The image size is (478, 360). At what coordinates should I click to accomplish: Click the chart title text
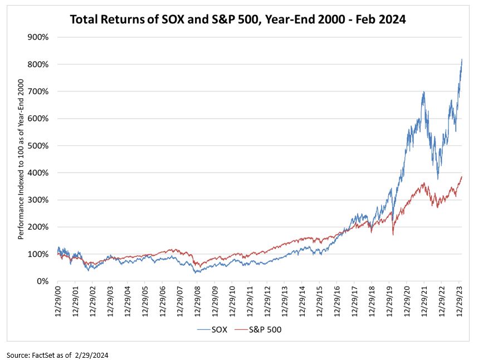pyautogui.click(x=238, y=20)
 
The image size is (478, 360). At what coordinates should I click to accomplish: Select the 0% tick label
pyautogui.click(x=42, y=281)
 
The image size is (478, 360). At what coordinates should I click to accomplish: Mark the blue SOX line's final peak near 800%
pyautogui.click(x=462, y=59)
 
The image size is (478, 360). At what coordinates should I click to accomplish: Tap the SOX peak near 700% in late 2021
pyautogui.click(x=424, y=92)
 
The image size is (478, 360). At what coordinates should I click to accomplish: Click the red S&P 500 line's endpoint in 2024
pyautogui.click(x=462, y=177)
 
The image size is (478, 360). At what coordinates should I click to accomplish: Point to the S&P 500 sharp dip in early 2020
pyautogui.click(x=393, y=234)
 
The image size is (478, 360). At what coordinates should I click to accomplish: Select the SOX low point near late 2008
pyautogui.click(x=196, y=272)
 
